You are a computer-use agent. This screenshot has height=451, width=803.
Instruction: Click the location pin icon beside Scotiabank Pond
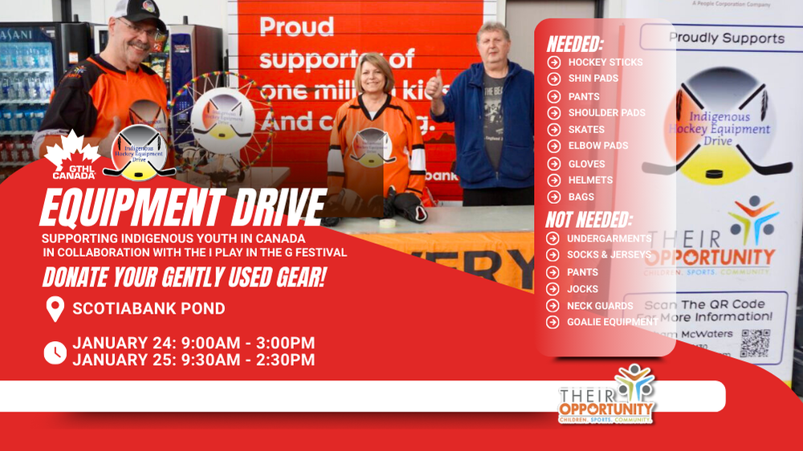pyautogui.click(x=55, y=308)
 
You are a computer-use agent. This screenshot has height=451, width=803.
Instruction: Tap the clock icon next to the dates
pyautogui.click(x=55, y=351)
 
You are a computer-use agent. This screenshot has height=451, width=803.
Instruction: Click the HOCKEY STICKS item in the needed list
pyautogui.click(x=605, y=62)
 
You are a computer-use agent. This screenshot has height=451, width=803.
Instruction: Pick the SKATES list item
pyautogui.click(x=586, y=129)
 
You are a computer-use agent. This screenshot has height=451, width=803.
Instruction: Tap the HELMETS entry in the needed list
pyautogui.click(x=590, y=180)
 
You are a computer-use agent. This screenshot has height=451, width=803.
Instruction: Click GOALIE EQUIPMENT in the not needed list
pyautogui.click(x=612, y=322)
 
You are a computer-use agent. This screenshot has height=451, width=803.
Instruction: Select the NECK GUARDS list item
pyautogui.click(x=600, y=306)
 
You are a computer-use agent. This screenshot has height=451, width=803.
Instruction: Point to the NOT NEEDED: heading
pyautogui.click(x=589, y=220)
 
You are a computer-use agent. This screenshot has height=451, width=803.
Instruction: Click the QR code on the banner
pyautogui.click(x=755, y=343)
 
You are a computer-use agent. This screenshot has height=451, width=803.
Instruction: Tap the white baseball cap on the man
pyautogui.click(x=139, y=10)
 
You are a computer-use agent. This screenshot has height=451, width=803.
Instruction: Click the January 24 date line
pyautogui.click(x=194, y=343)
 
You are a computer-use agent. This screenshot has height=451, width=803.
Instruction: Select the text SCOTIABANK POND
pyautogui.click(x=149, y=308)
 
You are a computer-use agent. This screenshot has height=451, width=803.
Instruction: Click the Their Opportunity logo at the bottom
pyautogui.click(x=607, y=395)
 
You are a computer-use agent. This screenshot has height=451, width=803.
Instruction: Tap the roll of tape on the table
pyautogui.click(x=387, y=223)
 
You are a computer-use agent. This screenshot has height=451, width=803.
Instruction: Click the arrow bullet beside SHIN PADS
pyautogui.click(x=554, y=79)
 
